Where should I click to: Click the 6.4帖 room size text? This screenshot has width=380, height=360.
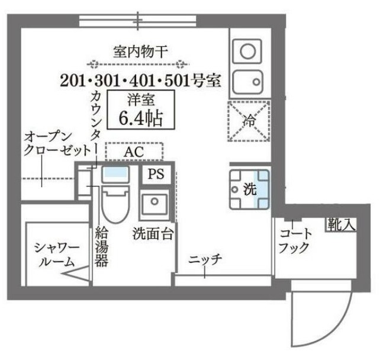click(x=140, y=117)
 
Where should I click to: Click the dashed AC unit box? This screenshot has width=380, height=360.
click(x=134, y=152)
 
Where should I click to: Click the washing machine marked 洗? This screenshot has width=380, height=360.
click(x=250, y=189)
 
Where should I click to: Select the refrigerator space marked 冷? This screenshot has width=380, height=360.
click(x=249, y=121)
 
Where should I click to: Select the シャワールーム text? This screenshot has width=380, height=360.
click(x=54, y=254)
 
